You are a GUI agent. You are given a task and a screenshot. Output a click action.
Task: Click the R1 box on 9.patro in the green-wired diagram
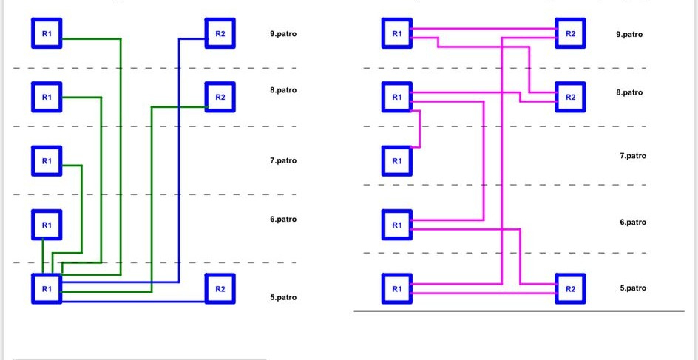[47, 33]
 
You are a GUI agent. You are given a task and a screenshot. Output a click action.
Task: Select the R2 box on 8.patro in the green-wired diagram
[220, 97]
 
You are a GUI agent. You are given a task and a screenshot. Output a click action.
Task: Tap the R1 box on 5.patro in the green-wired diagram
[47, 289]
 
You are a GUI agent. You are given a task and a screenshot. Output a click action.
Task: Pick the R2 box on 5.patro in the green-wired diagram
[220, 289]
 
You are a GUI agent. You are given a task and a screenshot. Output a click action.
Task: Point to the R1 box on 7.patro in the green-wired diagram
[47, 160]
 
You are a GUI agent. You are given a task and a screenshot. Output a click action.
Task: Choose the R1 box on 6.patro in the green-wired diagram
[47, 225]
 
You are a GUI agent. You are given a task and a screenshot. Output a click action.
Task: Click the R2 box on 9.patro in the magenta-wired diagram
[570, 33]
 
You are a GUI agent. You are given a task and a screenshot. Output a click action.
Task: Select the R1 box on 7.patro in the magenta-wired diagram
[397, 160]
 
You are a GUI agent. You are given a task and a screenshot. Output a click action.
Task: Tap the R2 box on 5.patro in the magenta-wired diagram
[570, 289]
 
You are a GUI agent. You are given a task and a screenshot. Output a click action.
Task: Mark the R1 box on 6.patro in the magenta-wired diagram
[397, 225]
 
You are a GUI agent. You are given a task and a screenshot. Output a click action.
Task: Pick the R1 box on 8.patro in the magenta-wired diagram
[397, 97]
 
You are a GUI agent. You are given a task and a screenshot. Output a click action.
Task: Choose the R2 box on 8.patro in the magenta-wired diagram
[570, 97]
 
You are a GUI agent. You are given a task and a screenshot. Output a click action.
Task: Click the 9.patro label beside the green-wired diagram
[283, 34]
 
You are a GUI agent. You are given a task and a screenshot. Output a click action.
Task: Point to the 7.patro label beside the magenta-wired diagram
[633, 156]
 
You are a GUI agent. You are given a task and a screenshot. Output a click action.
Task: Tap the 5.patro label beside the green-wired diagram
[283, 297]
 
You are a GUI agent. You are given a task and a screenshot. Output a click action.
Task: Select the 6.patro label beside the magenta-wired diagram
[633, 222]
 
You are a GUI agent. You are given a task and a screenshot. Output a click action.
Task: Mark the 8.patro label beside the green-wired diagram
[283, 90]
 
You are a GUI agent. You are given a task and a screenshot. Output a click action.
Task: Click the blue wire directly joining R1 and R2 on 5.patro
[134, 302]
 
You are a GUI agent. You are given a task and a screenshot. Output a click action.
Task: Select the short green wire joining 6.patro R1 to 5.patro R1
[43, 257]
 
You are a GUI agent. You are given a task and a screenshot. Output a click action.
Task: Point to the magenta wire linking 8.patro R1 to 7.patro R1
[420, 128]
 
